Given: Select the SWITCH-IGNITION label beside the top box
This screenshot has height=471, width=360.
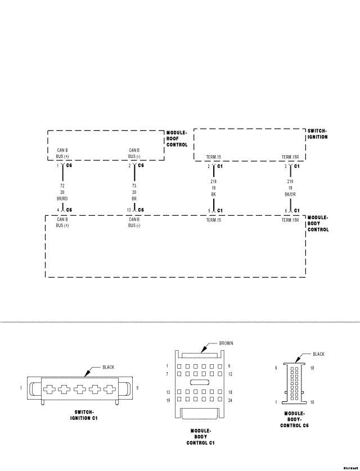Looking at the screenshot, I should pos(317,134).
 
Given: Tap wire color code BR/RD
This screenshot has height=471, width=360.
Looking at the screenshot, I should pos(62,198).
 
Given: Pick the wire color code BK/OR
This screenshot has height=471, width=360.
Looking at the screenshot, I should pos(290,194).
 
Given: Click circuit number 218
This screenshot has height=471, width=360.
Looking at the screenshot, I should pos(214,182).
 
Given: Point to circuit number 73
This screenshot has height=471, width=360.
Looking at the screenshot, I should pos(134,185).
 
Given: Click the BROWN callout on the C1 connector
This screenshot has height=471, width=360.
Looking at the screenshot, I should pos(226,343).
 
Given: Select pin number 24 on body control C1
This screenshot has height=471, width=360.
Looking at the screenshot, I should pos(230,400).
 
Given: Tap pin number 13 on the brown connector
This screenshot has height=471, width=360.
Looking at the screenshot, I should pos(168,392).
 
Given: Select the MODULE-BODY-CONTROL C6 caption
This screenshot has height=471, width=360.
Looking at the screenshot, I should pos(294,419).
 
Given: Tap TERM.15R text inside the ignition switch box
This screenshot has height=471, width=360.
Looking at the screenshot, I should pos(290,157).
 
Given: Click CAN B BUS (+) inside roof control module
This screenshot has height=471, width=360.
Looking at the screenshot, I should pos(62,153).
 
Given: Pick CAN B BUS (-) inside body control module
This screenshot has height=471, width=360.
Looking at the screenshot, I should pos(134,222).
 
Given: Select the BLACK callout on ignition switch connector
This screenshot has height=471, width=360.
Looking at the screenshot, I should pos(108,367).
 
